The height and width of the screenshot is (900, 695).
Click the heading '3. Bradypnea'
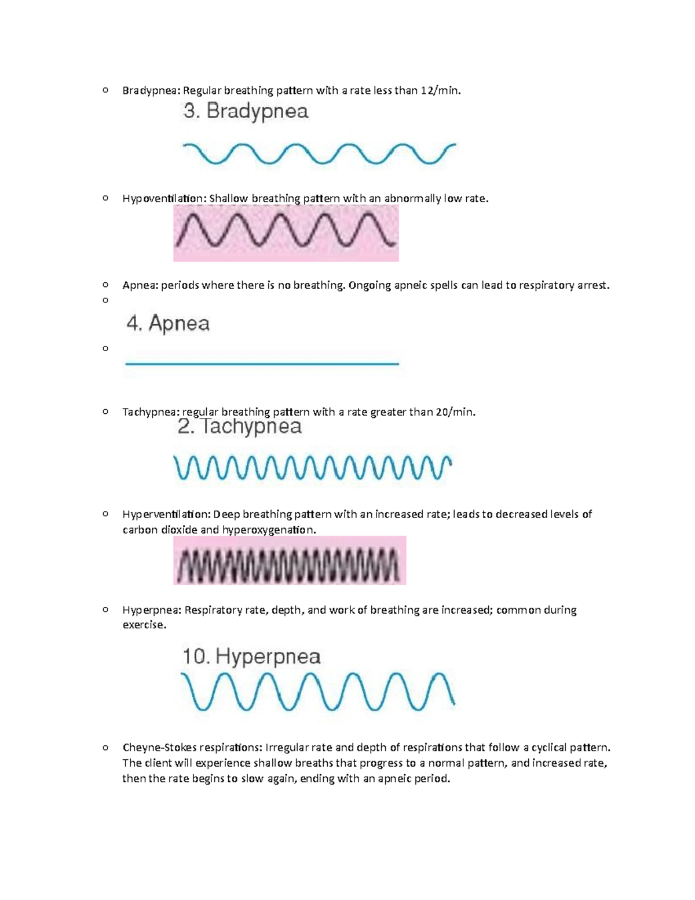(x=246, y=112)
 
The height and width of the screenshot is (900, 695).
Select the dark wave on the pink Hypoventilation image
(x=286, y=230)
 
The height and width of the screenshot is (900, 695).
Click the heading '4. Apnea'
(x=168, y=323)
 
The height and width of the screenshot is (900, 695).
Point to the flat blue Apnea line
(x=262, y=364)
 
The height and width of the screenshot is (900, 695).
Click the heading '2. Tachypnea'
(x=240, y=427)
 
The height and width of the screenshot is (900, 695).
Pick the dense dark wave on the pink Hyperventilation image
(x=288, y=566)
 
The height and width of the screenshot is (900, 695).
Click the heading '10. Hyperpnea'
(x=252, y=657)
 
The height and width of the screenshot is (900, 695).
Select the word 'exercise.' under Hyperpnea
(x=144, y=625)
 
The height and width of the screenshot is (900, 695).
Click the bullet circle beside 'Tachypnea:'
(x=105, y=411)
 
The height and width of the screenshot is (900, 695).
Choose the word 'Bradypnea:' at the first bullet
(x=151, y=90)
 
